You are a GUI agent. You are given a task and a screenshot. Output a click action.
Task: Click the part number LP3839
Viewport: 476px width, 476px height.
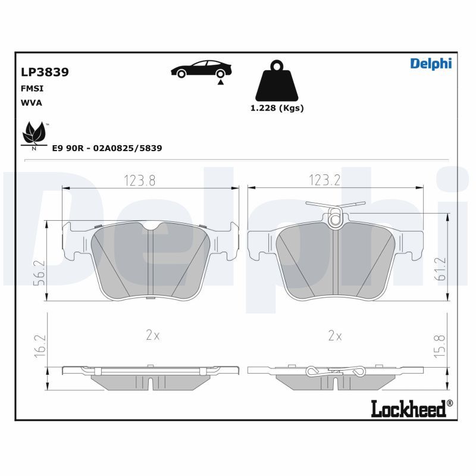(x=45, y=72)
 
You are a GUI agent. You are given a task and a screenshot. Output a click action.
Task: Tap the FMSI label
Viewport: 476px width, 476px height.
(x=32, y=88)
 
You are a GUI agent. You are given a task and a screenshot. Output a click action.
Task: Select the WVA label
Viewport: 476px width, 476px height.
(x=32, y=103)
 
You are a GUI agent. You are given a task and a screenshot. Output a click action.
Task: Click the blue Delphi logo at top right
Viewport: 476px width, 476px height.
(x=431, y=64)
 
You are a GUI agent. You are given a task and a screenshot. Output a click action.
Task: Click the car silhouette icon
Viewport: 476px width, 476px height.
(x=201, y=70)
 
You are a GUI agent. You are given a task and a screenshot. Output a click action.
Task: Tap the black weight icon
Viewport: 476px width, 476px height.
(x=277, y=80)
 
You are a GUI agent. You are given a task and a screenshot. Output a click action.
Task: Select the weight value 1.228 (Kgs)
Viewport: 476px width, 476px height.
(x=277, y=108)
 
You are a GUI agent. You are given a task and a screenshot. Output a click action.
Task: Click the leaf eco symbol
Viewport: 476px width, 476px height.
(x=35, y=136)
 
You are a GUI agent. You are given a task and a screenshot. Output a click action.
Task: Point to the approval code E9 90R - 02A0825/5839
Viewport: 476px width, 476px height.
(x=107, y=148)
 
